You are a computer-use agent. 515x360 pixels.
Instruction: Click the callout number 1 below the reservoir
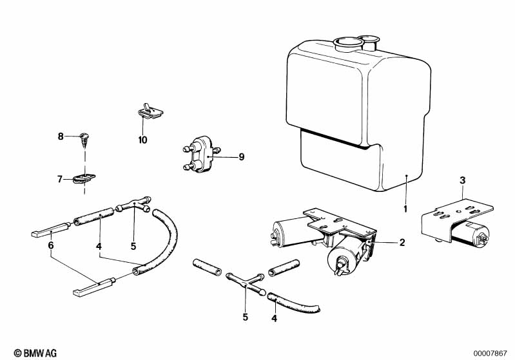pos(405,209)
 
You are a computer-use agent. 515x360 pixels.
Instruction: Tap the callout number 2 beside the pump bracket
pos(402,243)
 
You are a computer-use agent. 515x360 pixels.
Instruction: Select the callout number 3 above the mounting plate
pos(462,180)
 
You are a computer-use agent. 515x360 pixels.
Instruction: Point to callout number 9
pos(242,157)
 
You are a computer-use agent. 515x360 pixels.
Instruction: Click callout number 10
pos(142,140)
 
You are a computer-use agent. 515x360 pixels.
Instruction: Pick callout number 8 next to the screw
pos(61,136)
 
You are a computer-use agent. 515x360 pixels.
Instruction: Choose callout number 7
pos(60,180)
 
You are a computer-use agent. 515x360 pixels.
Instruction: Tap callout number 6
pos(50,245)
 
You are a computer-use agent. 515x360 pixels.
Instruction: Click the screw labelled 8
pos(84,139)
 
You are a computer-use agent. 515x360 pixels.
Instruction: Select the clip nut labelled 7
pos(84,179)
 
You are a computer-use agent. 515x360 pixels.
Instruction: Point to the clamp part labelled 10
pos(150,111)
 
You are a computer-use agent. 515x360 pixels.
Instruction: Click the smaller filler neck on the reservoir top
pos(370,43)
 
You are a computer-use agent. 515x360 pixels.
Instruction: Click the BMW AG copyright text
pos(35,353)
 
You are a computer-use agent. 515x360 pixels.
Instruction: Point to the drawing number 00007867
pos(490,354)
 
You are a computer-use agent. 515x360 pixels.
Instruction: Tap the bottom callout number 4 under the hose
pos(274,318)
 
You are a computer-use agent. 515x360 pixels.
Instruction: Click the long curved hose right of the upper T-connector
pos(157,243)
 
